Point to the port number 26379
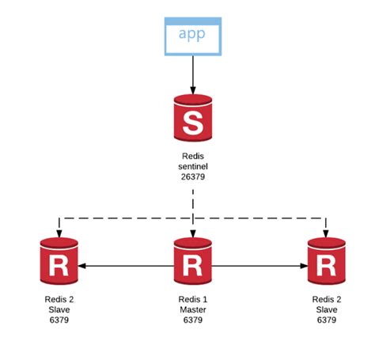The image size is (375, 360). tap(192, 179)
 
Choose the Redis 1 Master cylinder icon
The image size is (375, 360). tap(192, 265)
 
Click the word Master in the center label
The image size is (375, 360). tap(192, 310)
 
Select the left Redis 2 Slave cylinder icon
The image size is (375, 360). tap(59, 265)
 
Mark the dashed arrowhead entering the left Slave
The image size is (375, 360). tap(59, 234)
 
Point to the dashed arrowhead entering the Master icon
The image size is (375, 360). tap(192, 234)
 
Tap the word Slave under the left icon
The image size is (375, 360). tap(59, 310)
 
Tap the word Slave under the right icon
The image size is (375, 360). tap(326, 310)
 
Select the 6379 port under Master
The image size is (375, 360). tap(192, 320)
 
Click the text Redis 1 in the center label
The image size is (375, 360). tap(192, 300)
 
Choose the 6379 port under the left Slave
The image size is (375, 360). tap(59, 320)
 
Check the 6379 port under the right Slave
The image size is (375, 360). tap(326, 320)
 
